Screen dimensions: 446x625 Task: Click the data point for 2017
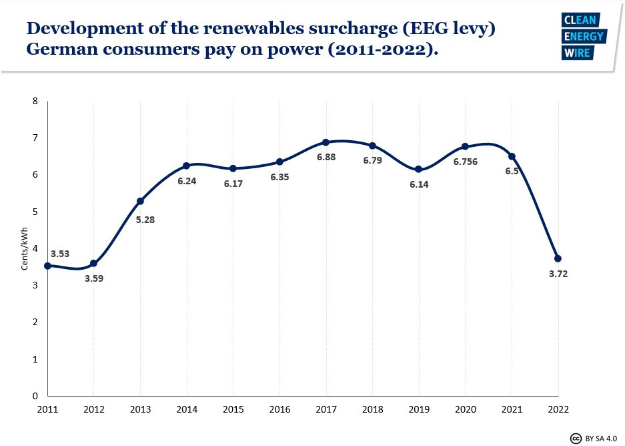[326, 142]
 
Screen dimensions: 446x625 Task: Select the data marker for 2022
[558, 258]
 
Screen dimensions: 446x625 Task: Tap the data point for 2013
[140, 201]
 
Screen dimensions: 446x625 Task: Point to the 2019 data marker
[419, 170]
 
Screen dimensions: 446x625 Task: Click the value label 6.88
[326, 157]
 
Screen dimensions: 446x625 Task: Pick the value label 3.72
[558, 274]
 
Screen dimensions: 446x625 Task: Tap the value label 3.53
[60, 254]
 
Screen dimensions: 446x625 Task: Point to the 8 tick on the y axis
[35, 101]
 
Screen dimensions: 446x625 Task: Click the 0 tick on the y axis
[35, 396]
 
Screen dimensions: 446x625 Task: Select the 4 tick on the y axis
[35, 248]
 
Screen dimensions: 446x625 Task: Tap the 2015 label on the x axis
[233, 408]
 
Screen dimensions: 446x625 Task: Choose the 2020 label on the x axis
[465, 408]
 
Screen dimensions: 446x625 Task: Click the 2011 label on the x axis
[47, 408]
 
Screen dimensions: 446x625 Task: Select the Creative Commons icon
[576, 438]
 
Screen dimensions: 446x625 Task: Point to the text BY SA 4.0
[601, 438]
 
